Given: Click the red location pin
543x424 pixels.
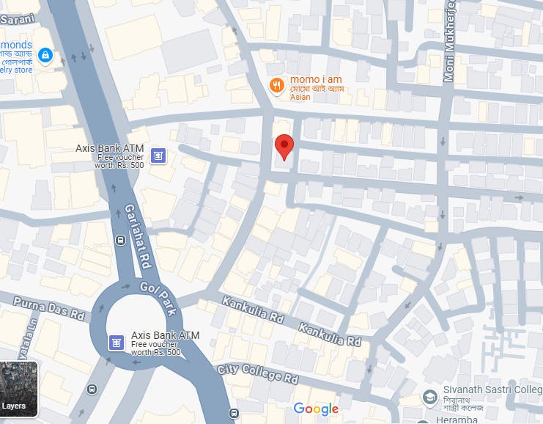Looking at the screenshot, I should point(284,146).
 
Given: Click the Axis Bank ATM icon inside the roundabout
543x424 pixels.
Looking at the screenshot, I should point(115,342).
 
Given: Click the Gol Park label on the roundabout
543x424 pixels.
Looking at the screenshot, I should point(159,299).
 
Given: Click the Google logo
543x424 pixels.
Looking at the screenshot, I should point(316,409).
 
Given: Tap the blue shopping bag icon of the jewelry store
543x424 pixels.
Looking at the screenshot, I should point(45,56).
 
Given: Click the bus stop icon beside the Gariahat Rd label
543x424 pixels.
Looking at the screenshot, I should point(119,240).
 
